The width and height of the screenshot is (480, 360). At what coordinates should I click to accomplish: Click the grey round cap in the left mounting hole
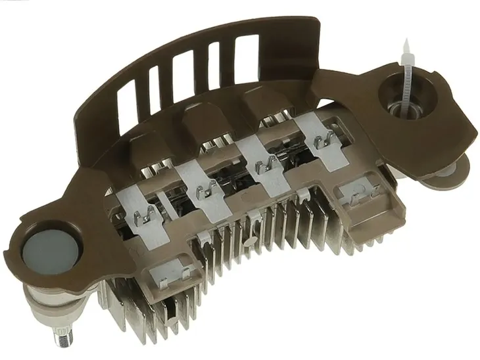coord(50,251)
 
